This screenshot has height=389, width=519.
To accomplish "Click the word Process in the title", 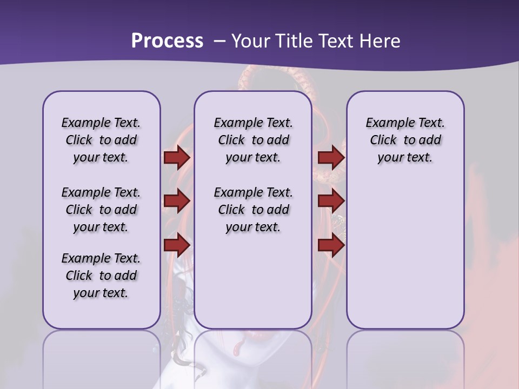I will coord(167,41).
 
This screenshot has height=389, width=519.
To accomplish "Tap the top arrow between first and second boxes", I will coord(177,158).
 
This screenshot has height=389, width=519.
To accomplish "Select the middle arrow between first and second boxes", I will coord(177,202).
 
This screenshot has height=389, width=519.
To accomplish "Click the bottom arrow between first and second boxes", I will coord(177,245).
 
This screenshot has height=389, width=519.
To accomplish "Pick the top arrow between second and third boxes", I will coord(331,158).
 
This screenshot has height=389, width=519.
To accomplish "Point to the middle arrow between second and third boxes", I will coord(331,202).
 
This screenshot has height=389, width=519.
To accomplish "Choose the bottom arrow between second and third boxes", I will coord(331,245).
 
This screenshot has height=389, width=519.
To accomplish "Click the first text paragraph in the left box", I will coord(101,140).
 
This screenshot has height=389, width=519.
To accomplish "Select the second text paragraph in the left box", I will coord(101,210).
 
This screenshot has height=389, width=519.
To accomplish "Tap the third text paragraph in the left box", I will coord(101,276).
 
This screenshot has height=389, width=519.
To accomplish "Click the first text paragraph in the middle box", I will coord(253,140).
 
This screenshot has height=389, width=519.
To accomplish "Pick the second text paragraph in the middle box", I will coord(253,210).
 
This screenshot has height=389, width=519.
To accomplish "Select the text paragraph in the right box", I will coord(405,140).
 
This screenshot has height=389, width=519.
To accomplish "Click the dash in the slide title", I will coord(219,41).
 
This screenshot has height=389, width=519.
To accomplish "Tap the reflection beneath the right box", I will coord(405,359).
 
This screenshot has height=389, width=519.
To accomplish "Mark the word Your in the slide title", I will coord(251,41).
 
